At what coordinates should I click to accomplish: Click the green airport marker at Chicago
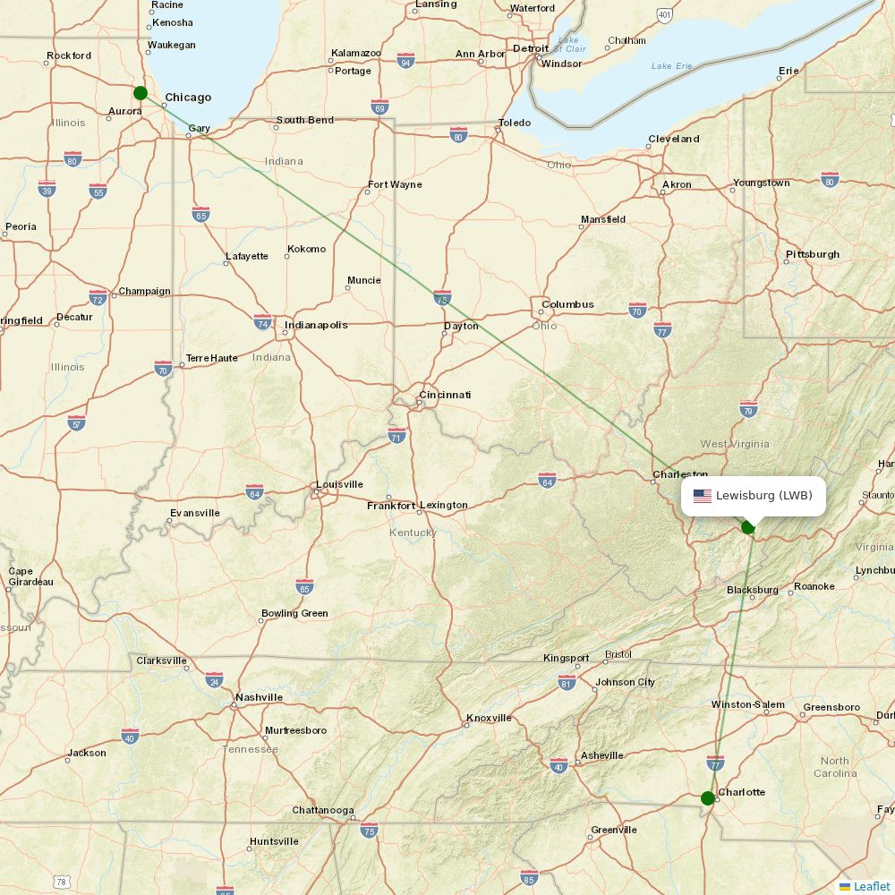[x=140, y=93]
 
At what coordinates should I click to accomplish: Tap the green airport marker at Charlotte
[x=708, y=797]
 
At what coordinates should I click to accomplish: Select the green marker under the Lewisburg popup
[x=748, y=527]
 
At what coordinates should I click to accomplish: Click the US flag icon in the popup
[x=703, y=496]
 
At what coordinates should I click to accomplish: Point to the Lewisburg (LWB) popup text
[x=763, y=496]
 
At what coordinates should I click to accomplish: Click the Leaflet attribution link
[x=871, y=886]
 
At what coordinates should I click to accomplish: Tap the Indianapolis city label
[x=316, y=325]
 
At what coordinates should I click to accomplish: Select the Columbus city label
[x=567, y=304]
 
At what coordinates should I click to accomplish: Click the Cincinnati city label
[x=445, y=395]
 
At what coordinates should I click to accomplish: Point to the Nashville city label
[x=259, y=697]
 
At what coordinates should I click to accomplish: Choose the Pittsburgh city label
[x=813, y=254]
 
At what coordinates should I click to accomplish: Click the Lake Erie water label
[x=672, y=66]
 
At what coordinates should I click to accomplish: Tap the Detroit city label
[x=530, y=48]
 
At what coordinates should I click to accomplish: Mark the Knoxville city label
[x=489, y=718]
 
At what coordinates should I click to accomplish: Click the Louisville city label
[x=339, y=484]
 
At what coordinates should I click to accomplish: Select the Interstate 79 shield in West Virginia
[x=749, y=409]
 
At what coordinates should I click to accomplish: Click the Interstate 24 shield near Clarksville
[x=214, y=679]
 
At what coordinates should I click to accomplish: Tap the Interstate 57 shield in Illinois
[x=77, y=422]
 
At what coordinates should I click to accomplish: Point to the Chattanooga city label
[x=323, y=810]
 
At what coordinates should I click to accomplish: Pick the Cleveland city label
[x=674, y=139]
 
